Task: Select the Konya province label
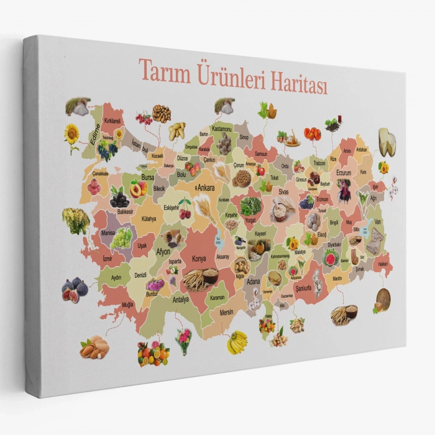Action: [199, 258]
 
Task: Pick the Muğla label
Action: [127, 304]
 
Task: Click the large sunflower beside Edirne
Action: [72, 133]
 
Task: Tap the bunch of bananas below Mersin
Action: [237, 342]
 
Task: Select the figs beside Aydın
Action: [74, 288]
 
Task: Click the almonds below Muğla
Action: [94, 347]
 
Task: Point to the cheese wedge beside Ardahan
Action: [387, 142]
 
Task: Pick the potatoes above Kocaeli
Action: [177, 130]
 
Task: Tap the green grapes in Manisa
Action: [122, 237]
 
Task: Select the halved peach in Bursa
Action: [137, 188]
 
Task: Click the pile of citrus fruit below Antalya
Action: [152, 353]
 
